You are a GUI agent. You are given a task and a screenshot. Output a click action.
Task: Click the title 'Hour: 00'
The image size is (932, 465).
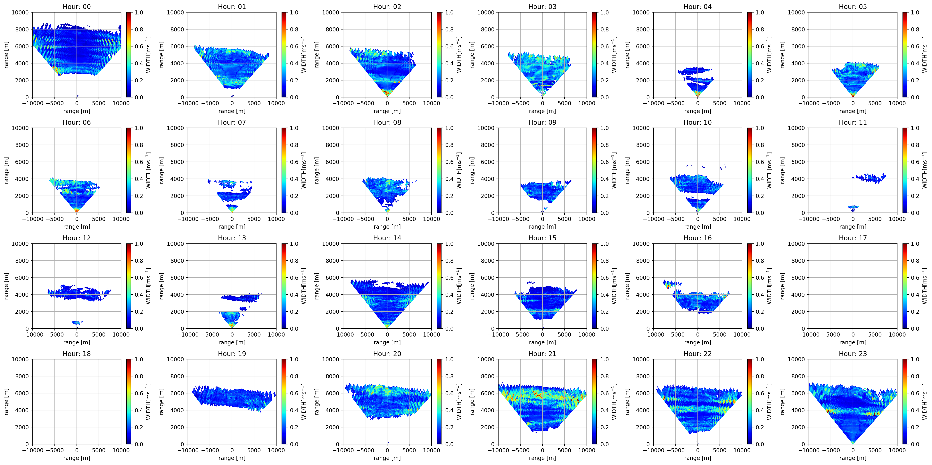pyautogui.click(x=77, y=6)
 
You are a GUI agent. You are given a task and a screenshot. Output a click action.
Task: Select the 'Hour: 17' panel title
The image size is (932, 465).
pyautogui.click(x=853, y=238)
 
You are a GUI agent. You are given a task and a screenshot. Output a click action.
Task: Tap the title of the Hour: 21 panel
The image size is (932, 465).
pyautogui.click(x=542, y=354)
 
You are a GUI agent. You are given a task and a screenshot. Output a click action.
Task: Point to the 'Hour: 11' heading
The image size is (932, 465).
pyautogui.click(x=853, y=122)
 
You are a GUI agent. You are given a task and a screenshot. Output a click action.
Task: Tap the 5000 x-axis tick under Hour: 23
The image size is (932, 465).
pyautogui.click(x=875, y=450)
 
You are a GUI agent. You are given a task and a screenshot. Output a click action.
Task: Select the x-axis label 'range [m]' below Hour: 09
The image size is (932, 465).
pyautogui.click(x=542, y=227)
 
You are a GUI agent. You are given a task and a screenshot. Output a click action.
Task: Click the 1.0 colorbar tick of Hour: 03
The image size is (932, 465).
pyautogui.click(x=605, y=12)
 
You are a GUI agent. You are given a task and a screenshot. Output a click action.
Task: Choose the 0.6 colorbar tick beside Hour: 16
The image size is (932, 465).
pyautogui.click(x=760, y=278)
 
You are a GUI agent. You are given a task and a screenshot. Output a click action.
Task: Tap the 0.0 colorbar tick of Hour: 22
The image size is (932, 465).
pyautogui.click(x=760, y=444)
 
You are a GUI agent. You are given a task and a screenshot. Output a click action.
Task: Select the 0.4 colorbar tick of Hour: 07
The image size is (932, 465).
pyautogui.click(x=294, y=179)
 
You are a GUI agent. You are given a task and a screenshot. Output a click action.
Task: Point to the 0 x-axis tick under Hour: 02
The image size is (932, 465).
pyautogui.click(x=387, y=103)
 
